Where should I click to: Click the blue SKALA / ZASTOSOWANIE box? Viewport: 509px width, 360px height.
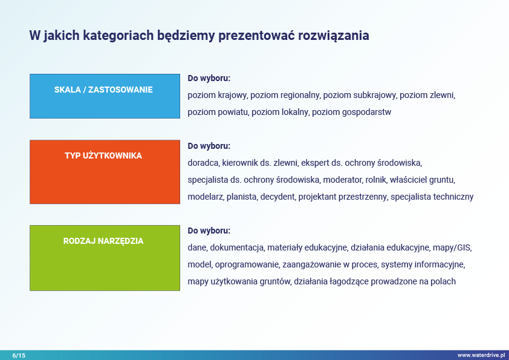coord(105,96)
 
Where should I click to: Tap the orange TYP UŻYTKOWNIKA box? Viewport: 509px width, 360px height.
coord(105,172)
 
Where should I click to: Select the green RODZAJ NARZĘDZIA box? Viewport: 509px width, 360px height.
coord(105,258)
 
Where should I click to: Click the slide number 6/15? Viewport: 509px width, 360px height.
coord(19,355)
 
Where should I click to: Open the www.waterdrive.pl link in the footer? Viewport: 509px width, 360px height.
coord(481,355)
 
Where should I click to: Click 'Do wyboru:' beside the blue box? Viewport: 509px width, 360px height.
coord(209,78)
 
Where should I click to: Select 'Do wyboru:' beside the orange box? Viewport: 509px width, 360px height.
coord(209,146)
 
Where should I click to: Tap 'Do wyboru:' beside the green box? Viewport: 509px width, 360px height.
coord(209,231)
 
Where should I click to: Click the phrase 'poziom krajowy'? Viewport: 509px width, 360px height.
coord(217,95)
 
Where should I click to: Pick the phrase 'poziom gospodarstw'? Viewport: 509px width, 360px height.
coord(352,112)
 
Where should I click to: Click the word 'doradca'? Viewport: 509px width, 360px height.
coord(203,163)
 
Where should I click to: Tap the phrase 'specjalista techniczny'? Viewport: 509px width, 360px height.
coord(432,197)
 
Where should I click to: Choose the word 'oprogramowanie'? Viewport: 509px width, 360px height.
coord(247,264)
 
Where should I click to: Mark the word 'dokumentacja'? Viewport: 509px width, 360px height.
coord(236,247)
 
